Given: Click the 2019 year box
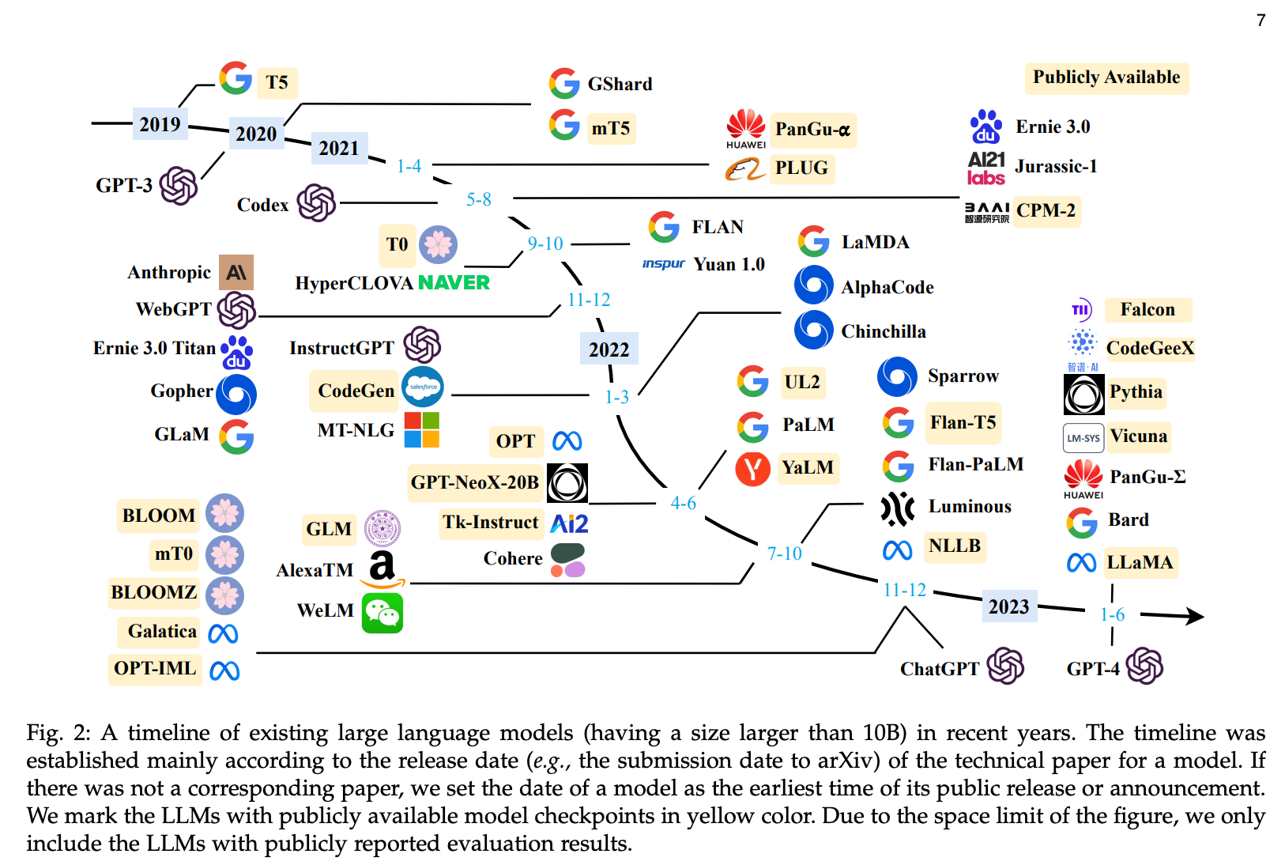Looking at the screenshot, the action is (x=160, y=123).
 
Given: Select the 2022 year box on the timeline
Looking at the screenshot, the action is (x=609, y=349).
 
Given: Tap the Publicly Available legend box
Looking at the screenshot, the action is (x=1106, y=77).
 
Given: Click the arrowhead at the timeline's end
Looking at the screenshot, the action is (x=1194, y=616).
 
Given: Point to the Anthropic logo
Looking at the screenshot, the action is (x=236, y=272).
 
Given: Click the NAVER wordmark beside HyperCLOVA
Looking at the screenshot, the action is (x=454, y=282).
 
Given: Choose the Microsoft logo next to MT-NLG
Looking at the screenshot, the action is (x=422, y=429).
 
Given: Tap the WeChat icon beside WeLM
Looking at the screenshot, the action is (x=382, y=613).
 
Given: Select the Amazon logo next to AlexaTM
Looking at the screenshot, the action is (x=382, y=569).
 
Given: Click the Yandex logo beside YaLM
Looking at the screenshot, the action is (x=752, y=468).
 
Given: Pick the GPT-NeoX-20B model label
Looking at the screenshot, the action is (x=475, y=482).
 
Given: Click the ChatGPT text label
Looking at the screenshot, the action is (x=939, y=669).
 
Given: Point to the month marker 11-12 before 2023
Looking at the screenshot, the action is (x=905, y=590).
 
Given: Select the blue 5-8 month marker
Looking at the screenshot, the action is (x=478, y=199).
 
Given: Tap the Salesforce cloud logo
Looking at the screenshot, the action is (x=423, y=387).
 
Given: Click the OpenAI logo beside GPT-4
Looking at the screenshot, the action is (x=1144, y=666).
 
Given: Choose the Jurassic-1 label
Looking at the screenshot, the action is (x=1056, y=167).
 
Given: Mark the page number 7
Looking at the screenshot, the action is (x=1261, y=21).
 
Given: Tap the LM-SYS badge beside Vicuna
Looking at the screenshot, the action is (x=1083, y=439).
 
